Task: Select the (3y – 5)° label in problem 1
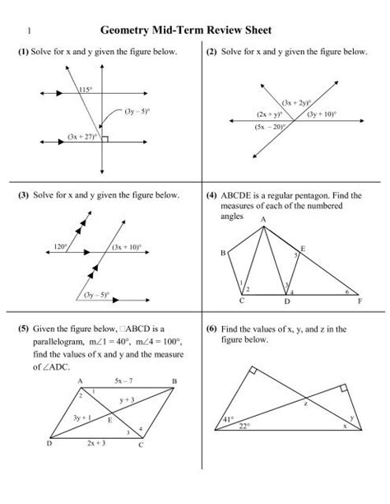(x=136, y=109)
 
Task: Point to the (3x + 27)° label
(x=83, y=135)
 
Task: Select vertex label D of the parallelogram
(x=49, y=443)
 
